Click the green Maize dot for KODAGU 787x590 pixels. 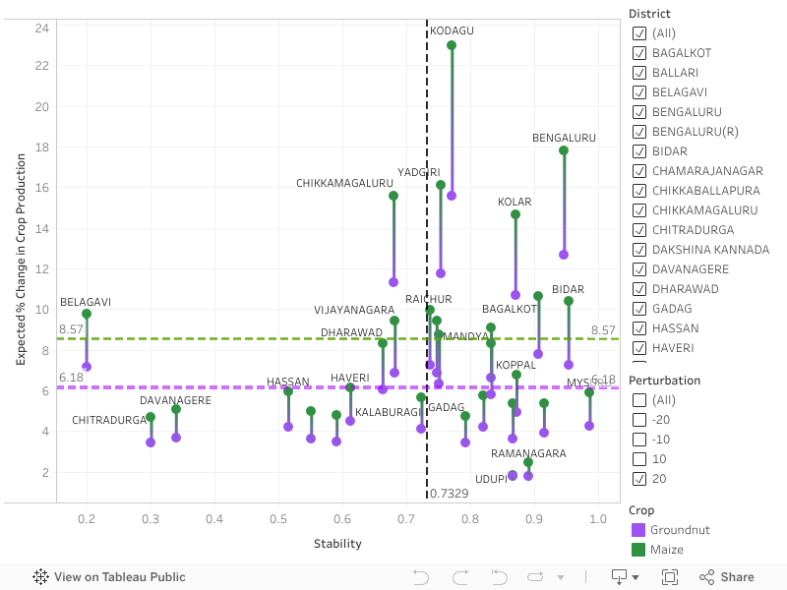[x=452, y=45]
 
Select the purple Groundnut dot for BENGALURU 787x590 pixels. [x=564, y=255]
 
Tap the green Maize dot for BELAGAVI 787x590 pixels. [x=87, y=314]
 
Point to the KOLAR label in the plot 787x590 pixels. [x=515, y=203]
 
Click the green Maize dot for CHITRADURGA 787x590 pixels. [x=151, y=417]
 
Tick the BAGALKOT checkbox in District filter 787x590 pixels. [x=640, y=53]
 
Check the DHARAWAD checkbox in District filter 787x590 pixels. [x=640, y=289]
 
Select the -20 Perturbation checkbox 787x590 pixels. [x=640, y=420]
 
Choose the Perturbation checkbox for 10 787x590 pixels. [x=640, y=459]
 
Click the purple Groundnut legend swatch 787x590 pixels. [x=637, y=530]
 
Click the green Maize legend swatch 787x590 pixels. [x=637, y=550]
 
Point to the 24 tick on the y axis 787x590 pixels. [x=42, y=27]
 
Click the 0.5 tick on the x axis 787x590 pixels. [x=278, y=518]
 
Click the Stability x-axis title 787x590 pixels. [x=337, y=544]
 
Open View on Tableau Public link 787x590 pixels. [x=109, y=577]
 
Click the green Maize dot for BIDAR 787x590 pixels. [x=569, y=301]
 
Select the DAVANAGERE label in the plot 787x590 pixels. [x=175, y=400]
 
